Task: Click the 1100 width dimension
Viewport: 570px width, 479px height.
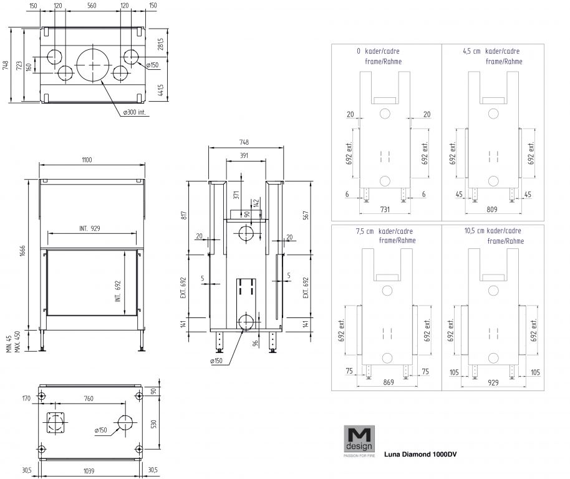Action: click(86, 160)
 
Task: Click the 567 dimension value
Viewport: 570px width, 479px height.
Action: click(306, 213)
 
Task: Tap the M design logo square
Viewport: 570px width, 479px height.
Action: click(359, 438)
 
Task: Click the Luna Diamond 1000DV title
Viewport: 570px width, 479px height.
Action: click(420, 454)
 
